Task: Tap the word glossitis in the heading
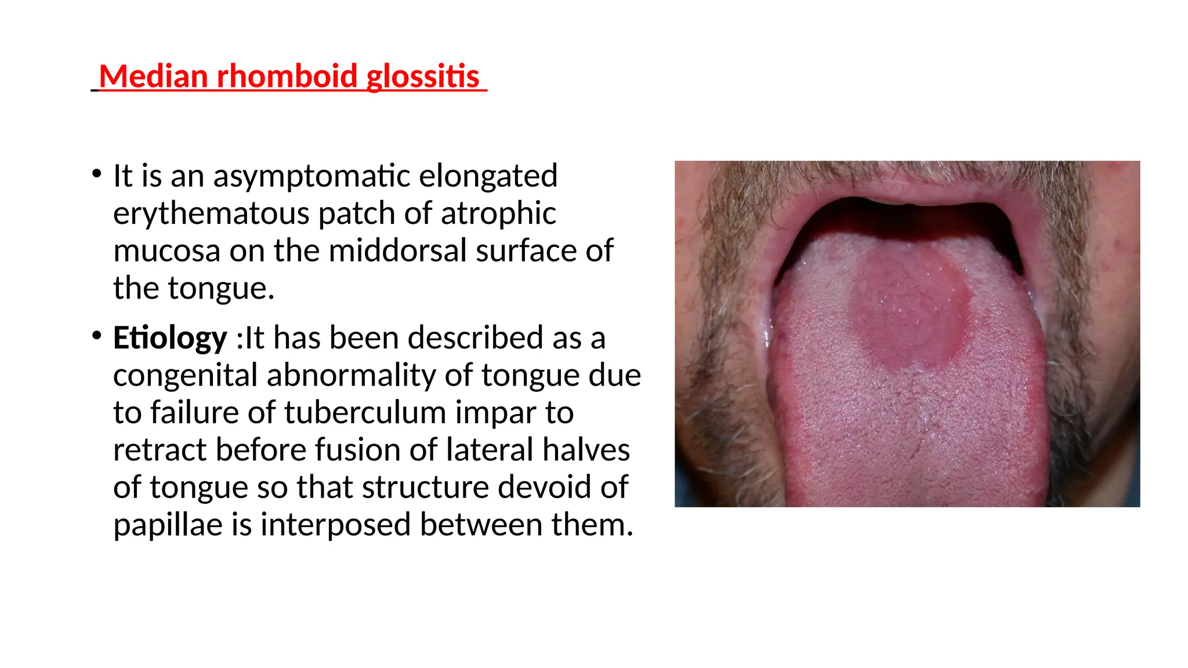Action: tap(423, 78)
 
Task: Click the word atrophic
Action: tap(498, 213)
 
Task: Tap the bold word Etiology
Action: tap(170, 338)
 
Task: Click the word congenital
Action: tap(185, 375)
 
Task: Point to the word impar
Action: tap(495, 413)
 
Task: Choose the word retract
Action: tap(160, 450)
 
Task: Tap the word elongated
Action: tap(488, 176)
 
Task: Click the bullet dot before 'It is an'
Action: tap(97, 173)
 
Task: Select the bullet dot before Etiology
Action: tap(97, 335)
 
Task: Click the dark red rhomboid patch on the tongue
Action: tap(908, 313)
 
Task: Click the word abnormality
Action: tap(350, 375)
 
